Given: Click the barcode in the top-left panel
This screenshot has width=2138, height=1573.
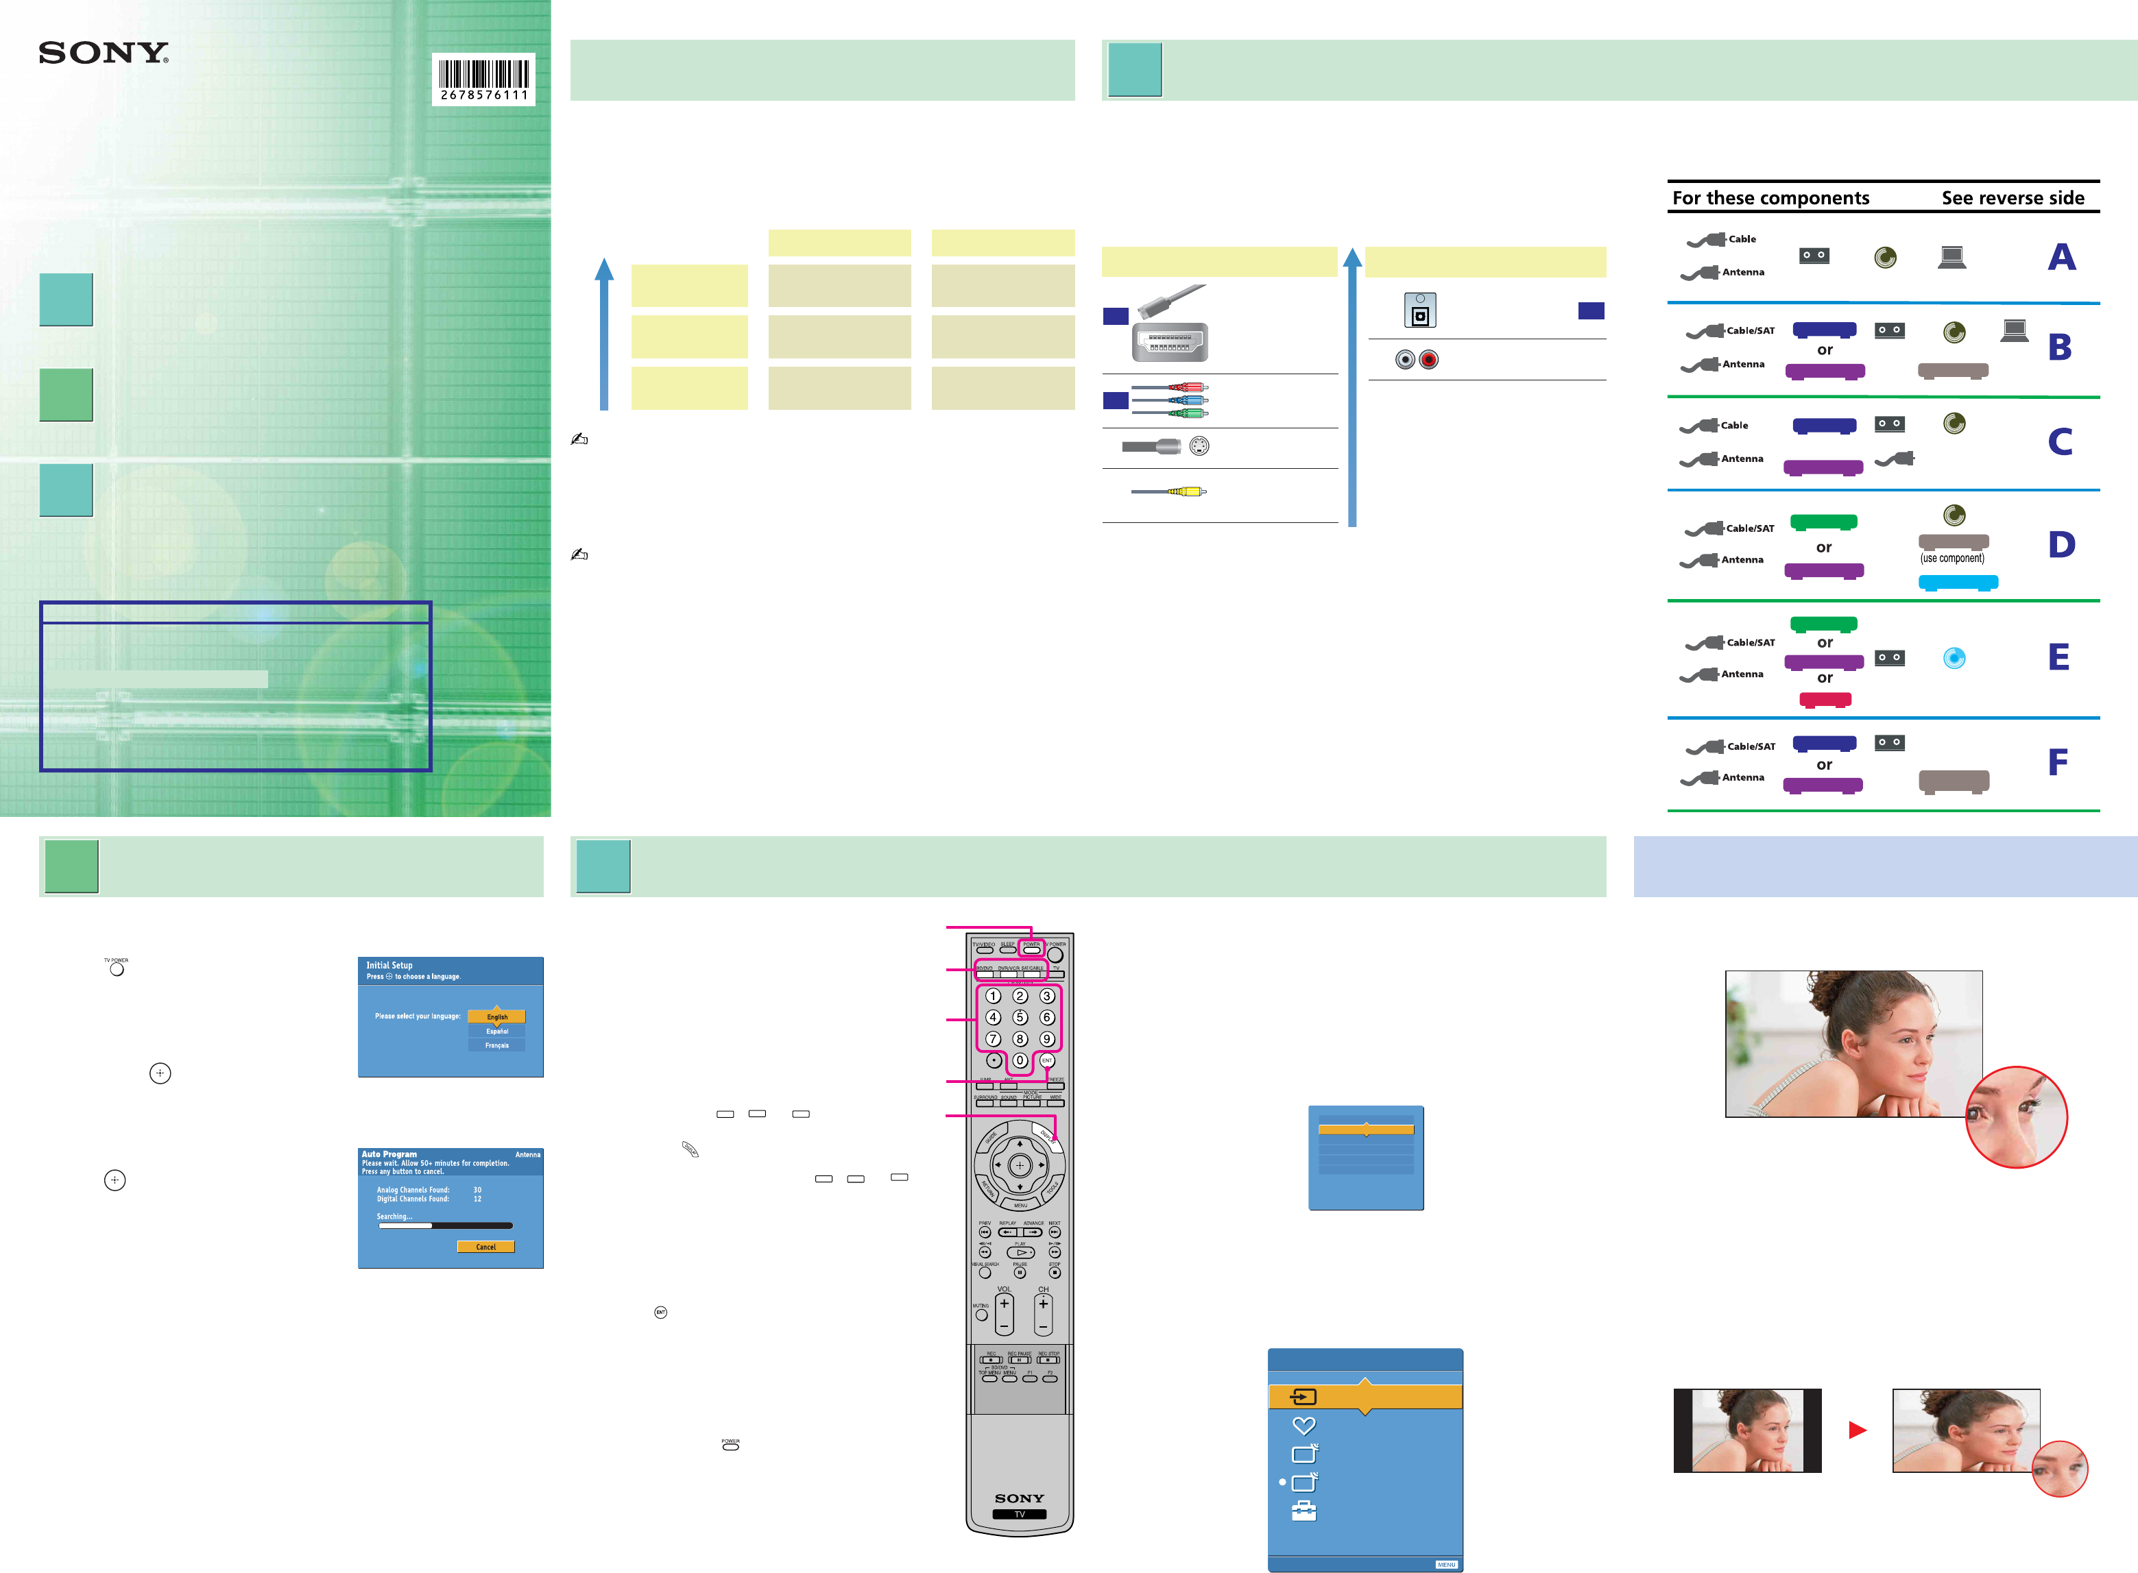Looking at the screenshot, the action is (484, 78).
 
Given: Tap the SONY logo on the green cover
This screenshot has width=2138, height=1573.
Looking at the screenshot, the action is (103, 53).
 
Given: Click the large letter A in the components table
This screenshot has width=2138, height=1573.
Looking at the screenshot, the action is (2062, 257).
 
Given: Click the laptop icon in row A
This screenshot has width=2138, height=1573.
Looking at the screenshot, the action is (1951, 257).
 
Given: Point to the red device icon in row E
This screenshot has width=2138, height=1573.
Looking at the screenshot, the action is (1825, 700).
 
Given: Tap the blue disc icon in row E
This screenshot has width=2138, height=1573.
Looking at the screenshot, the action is (1954, 658).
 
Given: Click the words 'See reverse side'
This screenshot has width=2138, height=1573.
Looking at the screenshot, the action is (2013, 198).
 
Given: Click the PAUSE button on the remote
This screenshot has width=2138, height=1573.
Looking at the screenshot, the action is (1020, 1272).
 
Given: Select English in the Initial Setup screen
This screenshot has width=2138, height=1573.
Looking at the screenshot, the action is (496, 1017).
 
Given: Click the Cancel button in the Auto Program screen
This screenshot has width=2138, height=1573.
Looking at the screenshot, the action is (485, 1246).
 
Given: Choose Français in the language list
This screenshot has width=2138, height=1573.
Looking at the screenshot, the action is (496, 1045).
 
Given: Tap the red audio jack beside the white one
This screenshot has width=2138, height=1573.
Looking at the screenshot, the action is (1428, 360).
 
